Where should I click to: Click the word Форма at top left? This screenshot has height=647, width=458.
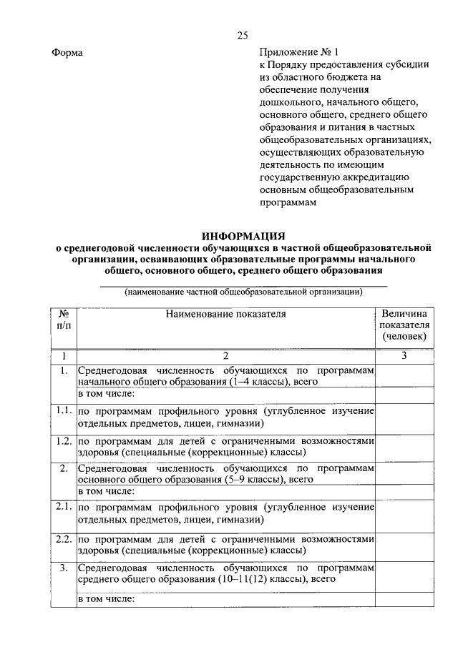tap(68, 53)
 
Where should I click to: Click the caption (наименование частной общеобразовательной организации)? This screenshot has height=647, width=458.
tap(243, 292)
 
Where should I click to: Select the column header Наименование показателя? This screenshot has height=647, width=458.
tap(225, 314)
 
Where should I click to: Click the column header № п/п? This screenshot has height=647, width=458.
tap(64, 320)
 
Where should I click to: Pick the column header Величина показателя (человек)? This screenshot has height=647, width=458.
tap(404, 325)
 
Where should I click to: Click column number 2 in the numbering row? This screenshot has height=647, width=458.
tap(225, 356)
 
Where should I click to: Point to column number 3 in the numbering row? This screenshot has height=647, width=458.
tap(404, 356)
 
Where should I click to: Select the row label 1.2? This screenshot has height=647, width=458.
tap(64, 441)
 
